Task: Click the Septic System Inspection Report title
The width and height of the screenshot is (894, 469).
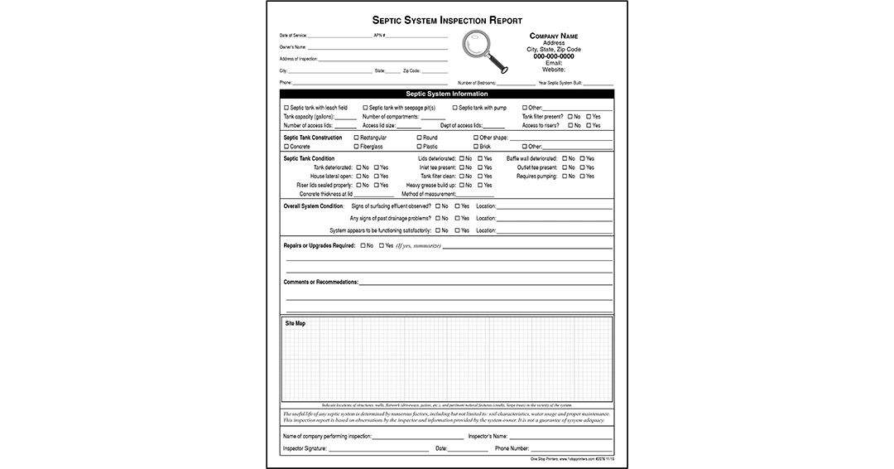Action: (447, 20)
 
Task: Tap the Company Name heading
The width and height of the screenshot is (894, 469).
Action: (553, 36)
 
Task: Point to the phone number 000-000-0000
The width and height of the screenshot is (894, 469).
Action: (553, 56)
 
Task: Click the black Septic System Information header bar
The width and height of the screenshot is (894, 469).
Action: (447, 94)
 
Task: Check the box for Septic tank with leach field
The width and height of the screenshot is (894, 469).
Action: (286, 108)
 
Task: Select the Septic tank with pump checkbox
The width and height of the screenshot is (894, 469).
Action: (455, 108)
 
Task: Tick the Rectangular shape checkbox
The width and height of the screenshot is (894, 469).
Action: (357, 138)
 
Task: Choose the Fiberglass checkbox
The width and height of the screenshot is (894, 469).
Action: (357, 147)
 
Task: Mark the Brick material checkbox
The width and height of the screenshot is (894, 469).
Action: (475, 147)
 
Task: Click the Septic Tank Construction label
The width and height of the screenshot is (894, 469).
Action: (312, 138)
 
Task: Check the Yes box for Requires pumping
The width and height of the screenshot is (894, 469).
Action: (582, 176)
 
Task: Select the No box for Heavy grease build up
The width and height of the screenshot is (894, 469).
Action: (462, 186)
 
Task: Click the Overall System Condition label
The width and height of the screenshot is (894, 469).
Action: (313, 205)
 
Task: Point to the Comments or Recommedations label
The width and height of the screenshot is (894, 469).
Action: (321, 282)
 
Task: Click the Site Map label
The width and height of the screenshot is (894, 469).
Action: (295, 323)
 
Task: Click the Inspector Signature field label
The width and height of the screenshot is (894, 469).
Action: (305, 448)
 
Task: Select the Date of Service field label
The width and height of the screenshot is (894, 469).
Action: (294, 36)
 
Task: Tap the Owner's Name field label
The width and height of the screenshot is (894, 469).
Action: (292, 47)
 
